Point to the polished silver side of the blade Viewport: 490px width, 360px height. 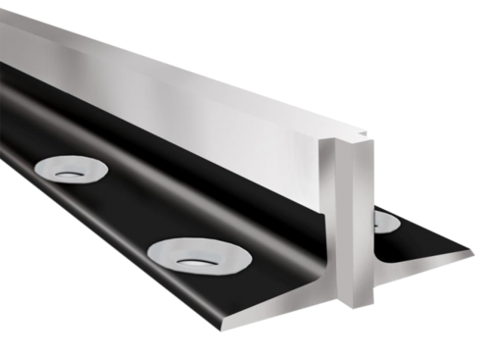pyautogui.click(x=196, y=108)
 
